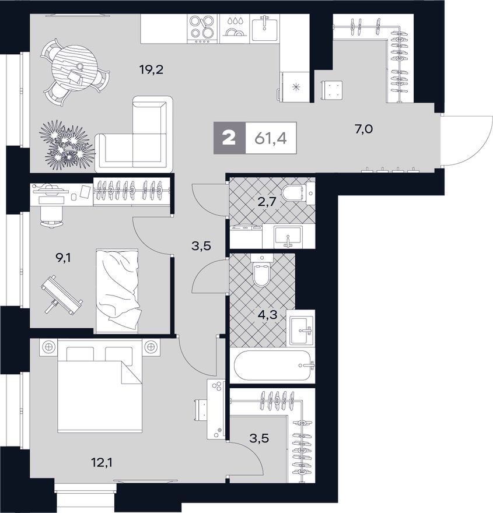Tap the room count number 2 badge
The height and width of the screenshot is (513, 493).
[x=229, y=139]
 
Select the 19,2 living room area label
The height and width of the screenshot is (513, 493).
[x=151, y=71]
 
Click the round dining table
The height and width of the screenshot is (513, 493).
[x=74, y=67]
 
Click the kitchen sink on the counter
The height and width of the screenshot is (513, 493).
[x=265, y=27]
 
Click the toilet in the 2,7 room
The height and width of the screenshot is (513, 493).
[x=295, y=191]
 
